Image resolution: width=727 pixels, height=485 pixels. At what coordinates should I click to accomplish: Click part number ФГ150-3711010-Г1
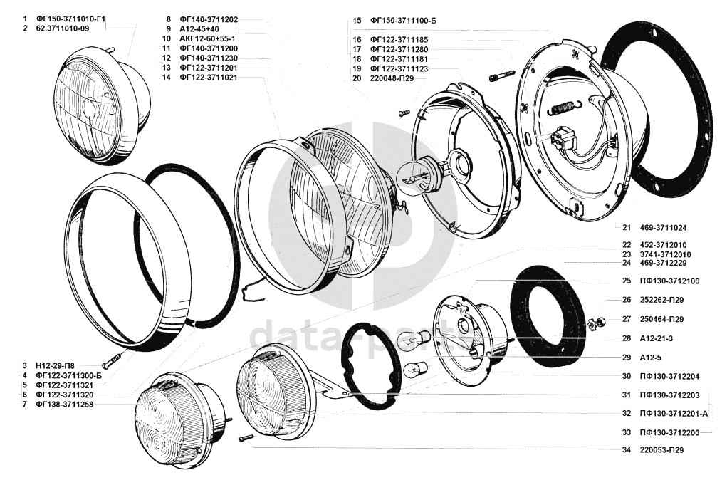point(71,19)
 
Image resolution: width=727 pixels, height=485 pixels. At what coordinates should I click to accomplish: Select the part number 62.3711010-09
point(63,28)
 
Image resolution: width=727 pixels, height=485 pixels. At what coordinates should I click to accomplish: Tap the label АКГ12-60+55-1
point(207,38)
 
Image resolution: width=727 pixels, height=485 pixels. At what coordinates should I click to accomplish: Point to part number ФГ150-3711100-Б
point(403,21)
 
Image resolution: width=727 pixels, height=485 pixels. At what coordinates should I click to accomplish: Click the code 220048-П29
point(392,78)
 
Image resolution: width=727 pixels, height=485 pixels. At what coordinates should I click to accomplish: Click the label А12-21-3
point(657,338)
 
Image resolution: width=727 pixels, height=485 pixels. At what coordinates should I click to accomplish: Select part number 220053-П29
point(661,450)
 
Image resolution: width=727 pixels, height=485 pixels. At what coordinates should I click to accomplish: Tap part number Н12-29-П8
point(55,365)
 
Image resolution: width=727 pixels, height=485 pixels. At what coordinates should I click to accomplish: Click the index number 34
point(627,450)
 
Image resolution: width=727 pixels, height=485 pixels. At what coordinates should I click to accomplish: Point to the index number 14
point(166,78)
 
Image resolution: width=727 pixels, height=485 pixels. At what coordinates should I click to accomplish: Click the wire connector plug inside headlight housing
point(562,137)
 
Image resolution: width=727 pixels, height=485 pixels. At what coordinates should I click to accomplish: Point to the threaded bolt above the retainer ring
point(501,75)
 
